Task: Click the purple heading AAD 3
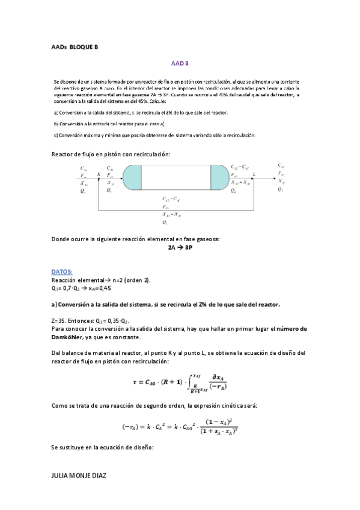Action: (180, 63)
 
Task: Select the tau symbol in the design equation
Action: (135, 382)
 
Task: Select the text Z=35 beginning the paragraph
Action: (59, 321)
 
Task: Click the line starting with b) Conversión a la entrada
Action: (108, 123)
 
